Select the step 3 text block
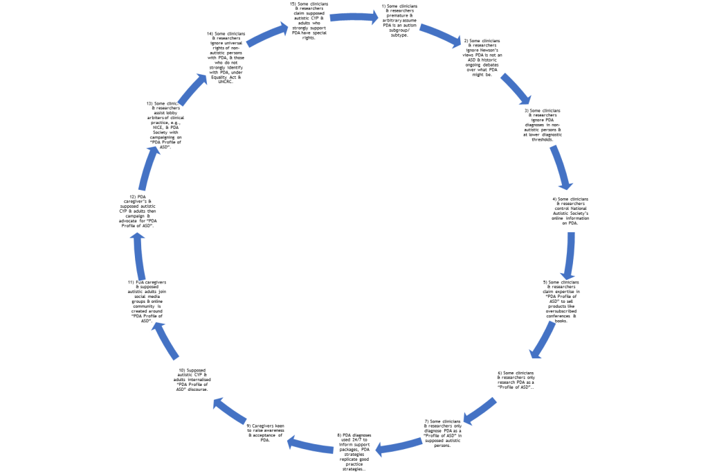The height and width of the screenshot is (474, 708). click(541, 124)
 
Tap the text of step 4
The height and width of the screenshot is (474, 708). click(570, 211)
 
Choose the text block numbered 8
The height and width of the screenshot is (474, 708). click(355, 451)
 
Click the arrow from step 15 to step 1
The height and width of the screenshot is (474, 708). click(354, 17)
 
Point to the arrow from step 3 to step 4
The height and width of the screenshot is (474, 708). click(561, 166)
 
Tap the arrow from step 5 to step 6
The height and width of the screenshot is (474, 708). click(543, 339)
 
